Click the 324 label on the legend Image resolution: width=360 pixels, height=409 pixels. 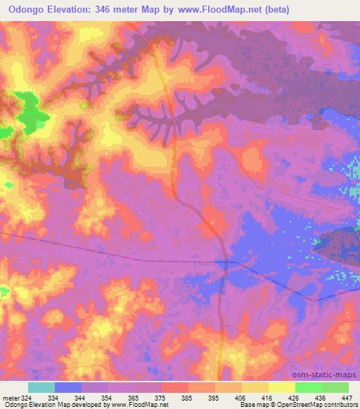pos(26,398)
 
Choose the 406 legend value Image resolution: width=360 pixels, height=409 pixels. pos(241,398)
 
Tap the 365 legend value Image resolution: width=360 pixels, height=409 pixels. pos(134,398)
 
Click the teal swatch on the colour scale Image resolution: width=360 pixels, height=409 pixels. pos(41,387)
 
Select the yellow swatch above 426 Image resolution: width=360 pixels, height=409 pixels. pos(281,387)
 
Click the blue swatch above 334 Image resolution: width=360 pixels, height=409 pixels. pos(68,387)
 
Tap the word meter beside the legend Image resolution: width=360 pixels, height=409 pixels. pos(9,398)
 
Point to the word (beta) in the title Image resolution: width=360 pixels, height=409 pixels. pos(271,9)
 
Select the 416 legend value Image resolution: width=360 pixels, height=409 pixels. pos(268,398)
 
